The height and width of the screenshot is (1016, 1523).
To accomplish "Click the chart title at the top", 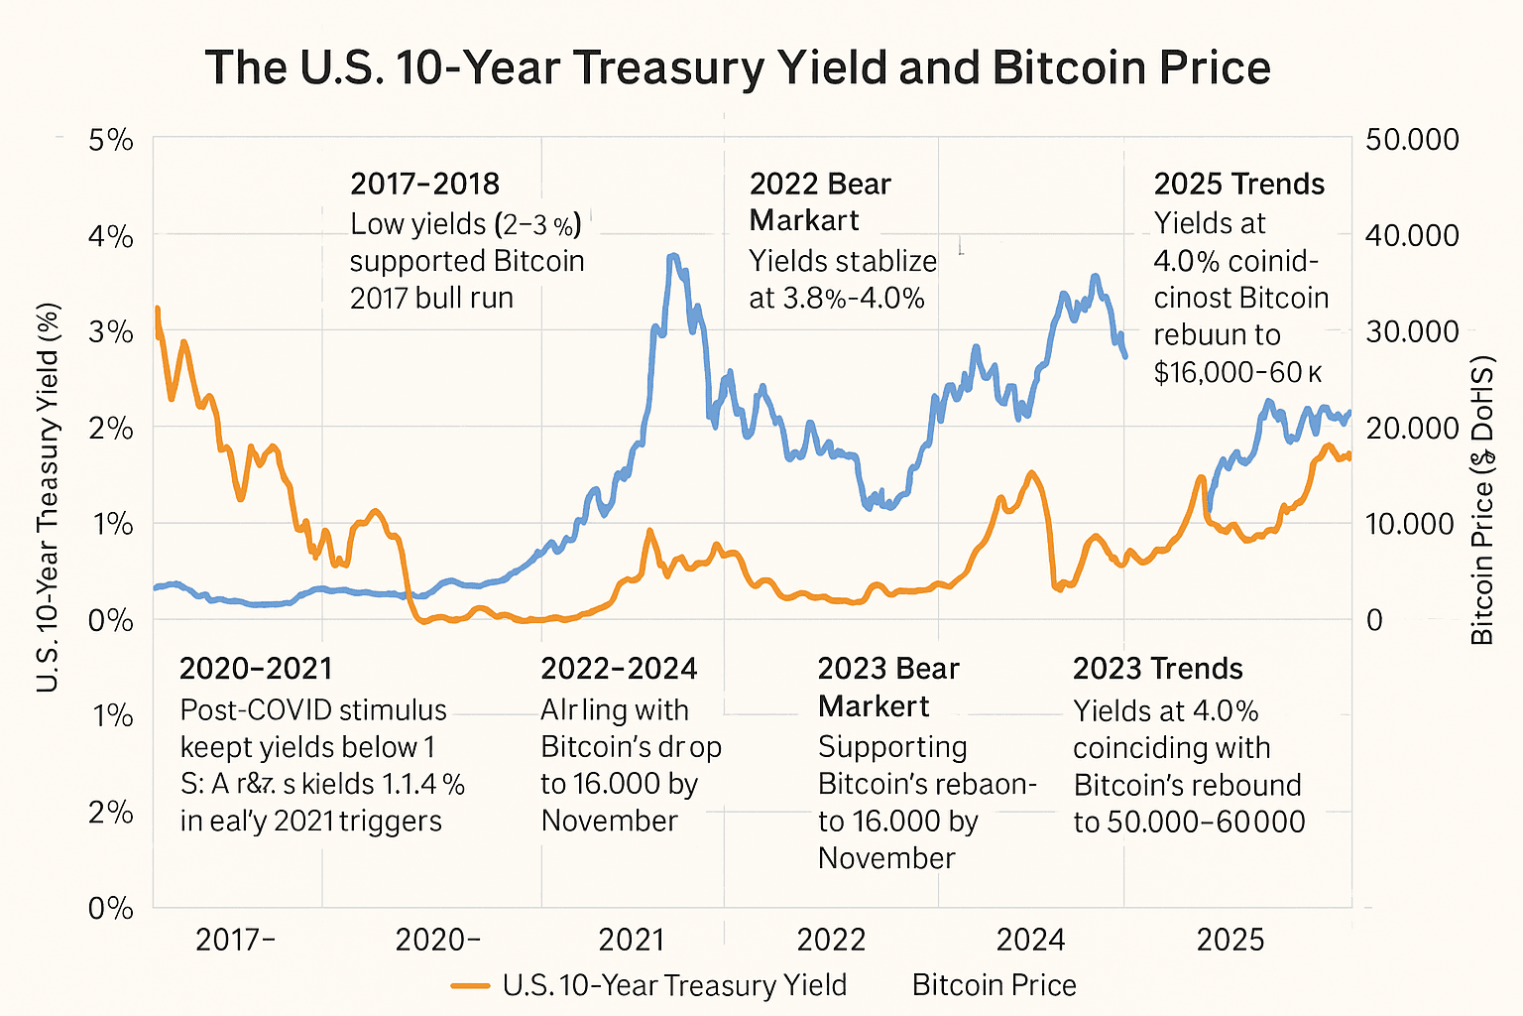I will click(738, 68).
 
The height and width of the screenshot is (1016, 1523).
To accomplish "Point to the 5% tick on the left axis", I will click(110, 140).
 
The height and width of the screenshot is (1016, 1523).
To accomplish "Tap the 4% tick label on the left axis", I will click(110, 236).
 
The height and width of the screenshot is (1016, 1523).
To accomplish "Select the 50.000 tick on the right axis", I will click(1412, 140).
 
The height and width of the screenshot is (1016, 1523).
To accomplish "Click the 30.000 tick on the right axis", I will click(1412, 331).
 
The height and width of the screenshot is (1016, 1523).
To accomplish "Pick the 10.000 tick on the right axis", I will click(1412, 524).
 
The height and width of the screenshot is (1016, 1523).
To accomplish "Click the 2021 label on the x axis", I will click(632, 939).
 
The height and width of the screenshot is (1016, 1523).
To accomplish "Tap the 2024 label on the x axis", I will click(1030, 939).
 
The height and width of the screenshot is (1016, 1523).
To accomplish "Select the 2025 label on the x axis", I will click(1230, 939).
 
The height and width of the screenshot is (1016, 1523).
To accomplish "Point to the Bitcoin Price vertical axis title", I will click(1481, 502).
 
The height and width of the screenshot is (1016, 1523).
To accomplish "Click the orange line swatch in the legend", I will click(471, 985).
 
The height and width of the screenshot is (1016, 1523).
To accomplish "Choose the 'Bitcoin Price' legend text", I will click(994, 985).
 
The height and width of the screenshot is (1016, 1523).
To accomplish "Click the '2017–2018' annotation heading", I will click(424, 185).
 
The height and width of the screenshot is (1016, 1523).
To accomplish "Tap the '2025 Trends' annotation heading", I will click(1238, 185).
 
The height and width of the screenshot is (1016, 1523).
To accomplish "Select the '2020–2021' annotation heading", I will click(256, 669).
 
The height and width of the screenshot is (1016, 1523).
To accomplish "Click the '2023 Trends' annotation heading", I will click(1157, 669).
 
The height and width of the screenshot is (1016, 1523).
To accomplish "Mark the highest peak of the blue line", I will click(673, 256).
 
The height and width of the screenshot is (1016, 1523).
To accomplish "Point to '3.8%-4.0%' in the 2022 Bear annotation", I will click(837, 298).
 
